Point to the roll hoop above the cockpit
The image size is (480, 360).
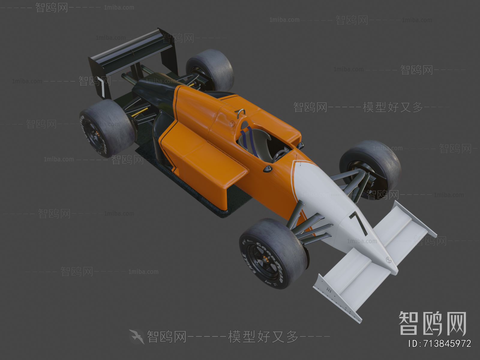click(240, 112)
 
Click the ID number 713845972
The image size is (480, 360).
click(440, 344)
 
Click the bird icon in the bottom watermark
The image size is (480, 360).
click(136, 336)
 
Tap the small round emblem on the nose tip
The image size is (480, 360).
click(389, 260)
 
